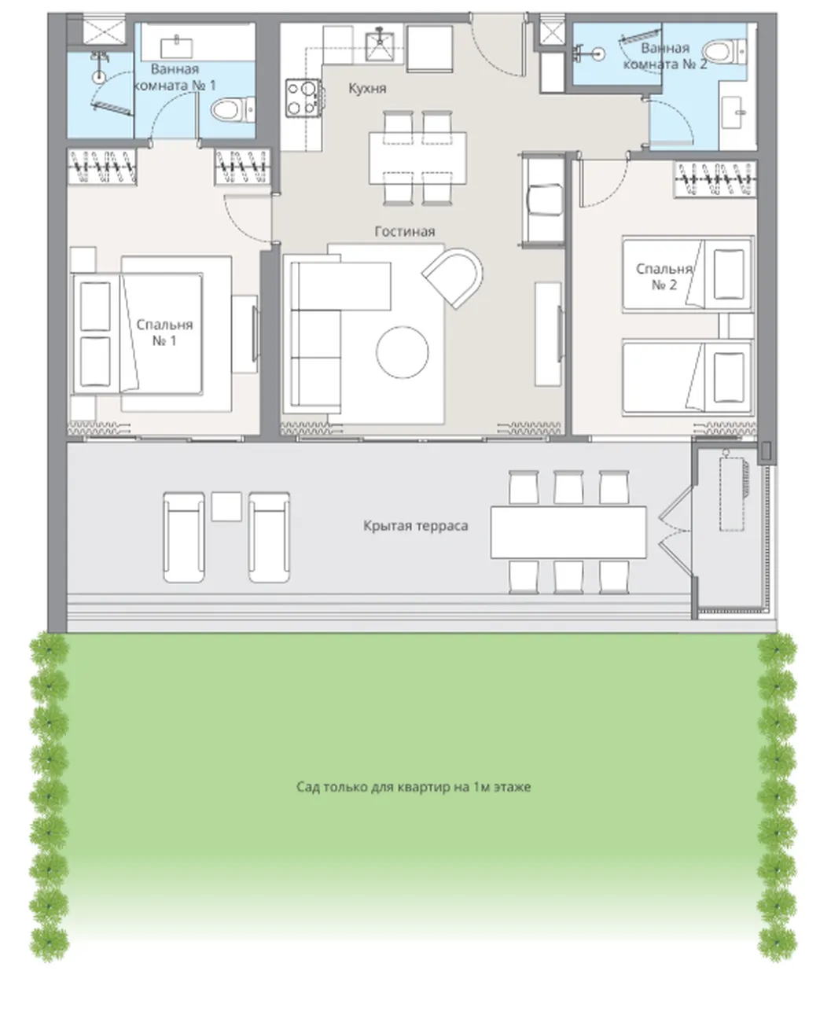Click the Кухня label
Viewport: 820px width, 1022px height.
point(367,88)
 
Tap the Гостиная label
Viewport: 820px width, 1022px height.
point(405,231)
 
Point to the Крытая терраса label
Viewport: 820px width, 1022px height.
point(416,526)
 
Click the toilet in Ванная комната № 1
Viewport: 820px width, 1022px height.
point(232,110)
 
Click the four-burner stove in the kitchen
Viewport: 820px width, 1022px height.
point(303,97)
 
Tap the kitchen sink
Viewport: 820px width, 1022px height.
point(380,46)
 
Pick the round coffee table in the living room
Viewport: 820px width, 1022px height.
point(403,352)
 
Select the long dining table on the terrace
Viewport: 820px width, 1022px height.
point(568,532)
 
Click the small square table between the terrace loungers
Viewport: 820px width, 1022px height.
point(226,506)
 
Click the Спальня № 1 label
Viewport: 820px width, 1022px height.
point(164,333)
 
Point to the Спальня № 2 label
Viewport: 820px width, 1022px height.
point(664,277)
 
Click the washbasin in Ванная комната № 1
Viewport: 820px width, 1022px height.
point(177,48)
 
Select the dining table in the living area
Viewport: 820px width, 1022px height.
point(417,158)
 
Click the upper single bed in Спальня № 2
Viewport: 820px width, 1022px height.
point(687,274)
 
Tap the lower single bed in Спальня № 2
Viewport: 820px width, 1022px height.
point(687,377)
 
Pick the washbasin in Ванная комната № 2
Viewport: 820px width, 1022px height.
point(732,112)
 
